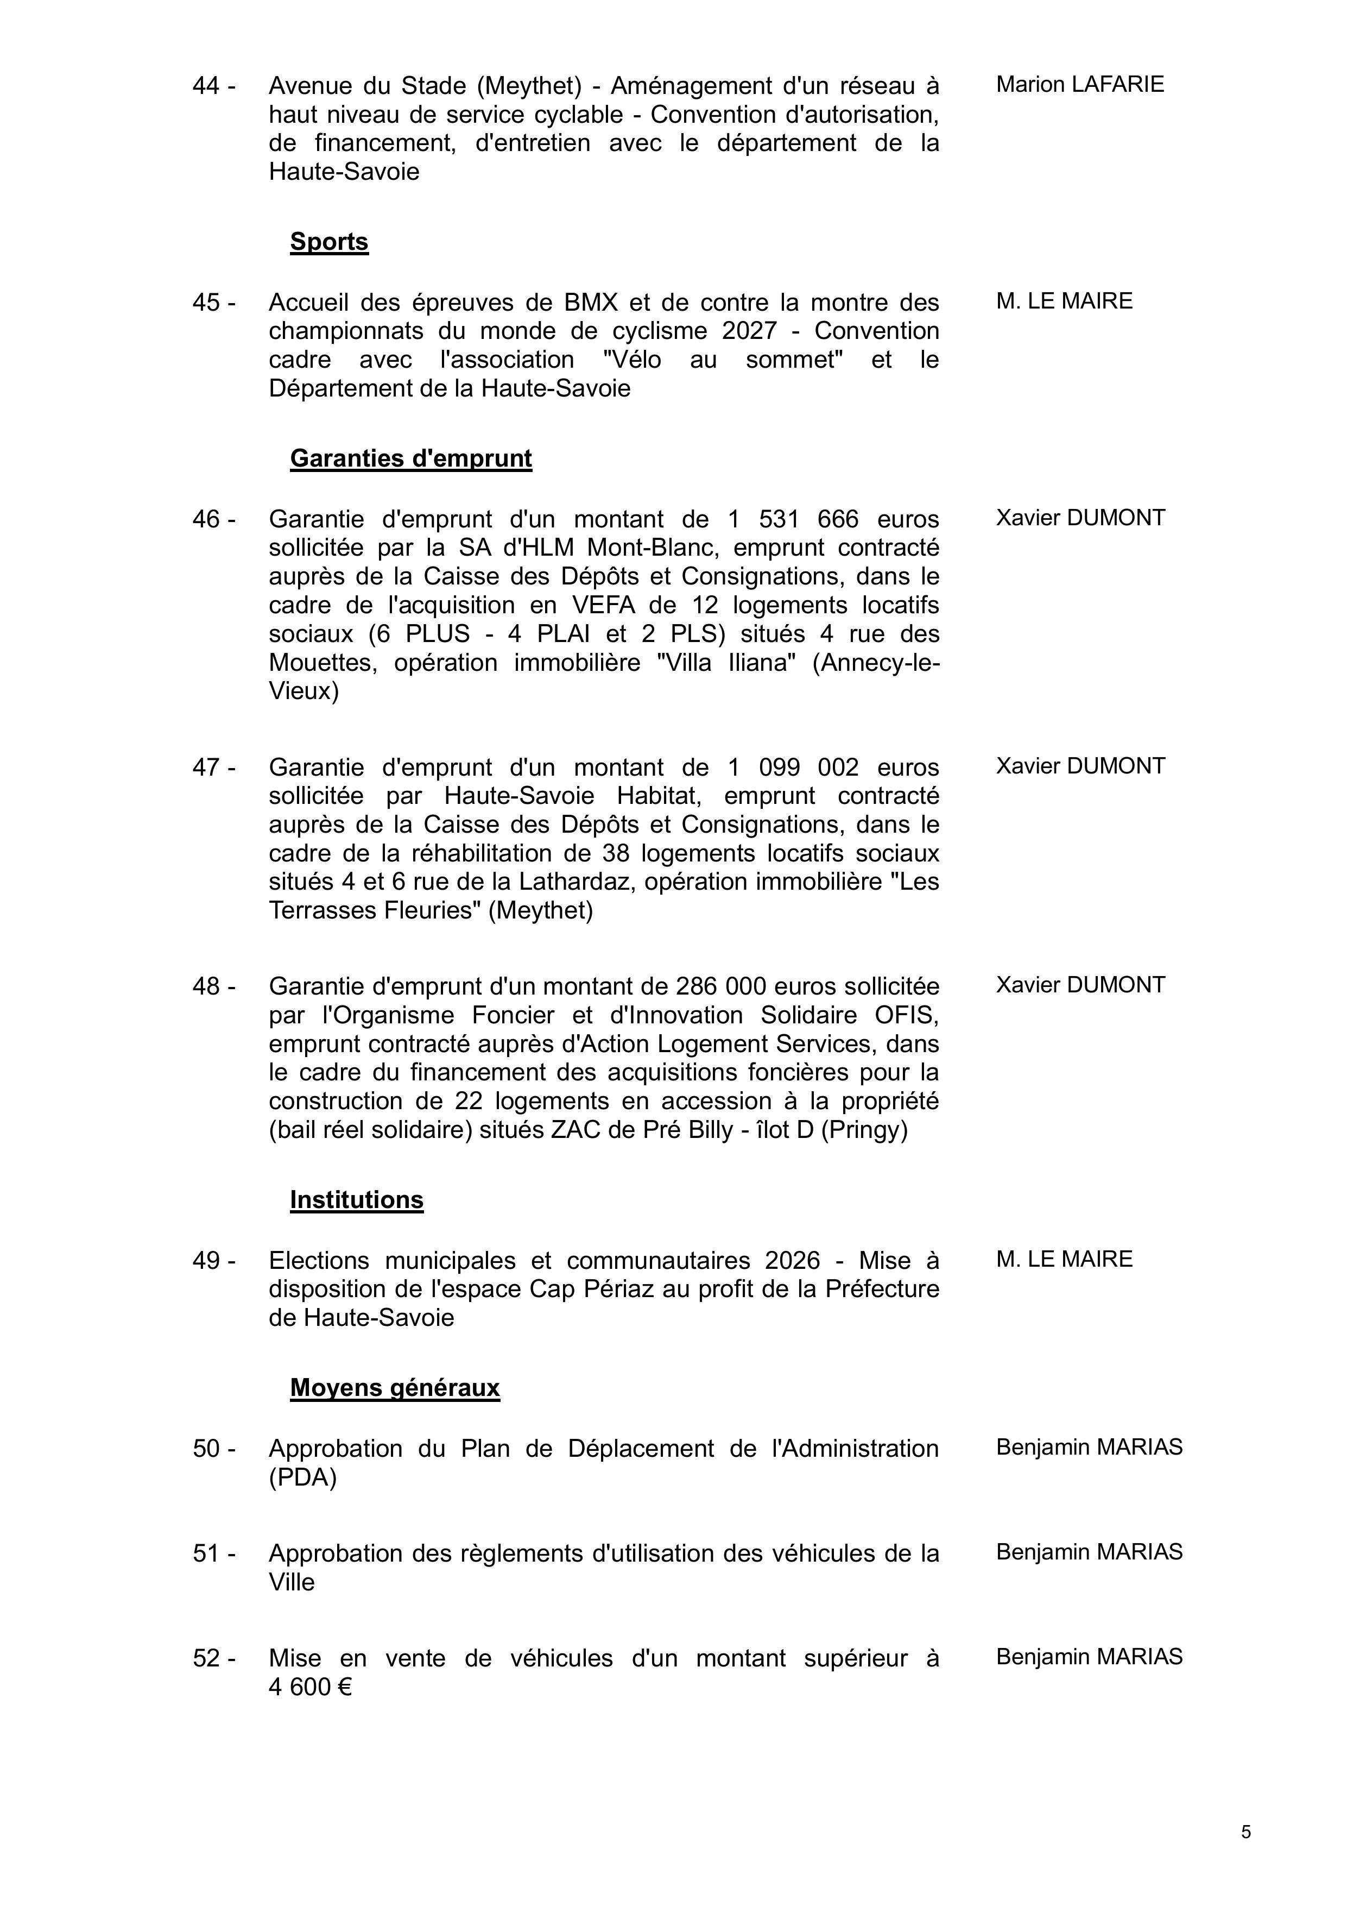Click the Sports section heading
(x=328, y=242)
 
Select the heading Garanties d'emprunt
(x=411, y=458)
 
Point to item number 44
(x=213, y=85)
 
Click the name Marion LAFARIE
(x=1080, y=85)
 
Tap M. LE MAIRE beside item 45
(x=1064, y=301)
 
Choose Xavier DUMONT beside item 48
(x=1080, y=985)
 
